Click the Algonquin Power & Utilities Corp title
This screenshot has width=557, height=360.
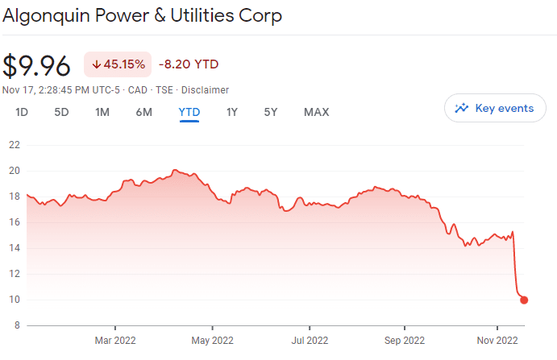pyautogui.click(x=143, y=16)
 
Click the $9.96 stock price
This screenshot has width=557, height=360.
pyautogui.click(x=37, y=65)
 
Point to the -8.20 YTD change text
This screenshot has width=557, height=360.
pyautogui.click(x=189, y=64)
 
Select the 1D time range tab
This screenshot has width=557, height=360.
pyautogui.click(x=22, y=112)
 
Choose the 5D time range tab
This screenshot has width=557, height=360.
pyautogui.click(x=61, y=112)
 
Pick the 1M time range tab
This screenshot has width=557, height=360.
pyautogui.click(x=102, y=112)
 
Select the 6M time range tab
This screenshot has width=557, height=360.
pyautogui.click(x=143, y=112)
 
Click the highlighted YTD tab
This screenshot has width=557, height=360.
pyautogui.click(x=189, y=112)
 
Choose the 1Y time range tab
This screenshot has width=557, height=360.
pyautogui.click(x=232, y=112)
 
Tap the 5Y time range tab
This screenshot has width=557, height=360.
pyautogui.click(x=271, y=112)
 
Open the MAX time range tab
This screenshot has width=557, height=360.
pyautogui.click(x=316, y=112)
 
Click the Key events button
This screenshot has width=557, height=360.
pyautogui.click(x=494, y=108)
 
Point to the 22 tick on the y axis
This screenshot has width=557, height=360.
pyautogui.click(x=15, y=145)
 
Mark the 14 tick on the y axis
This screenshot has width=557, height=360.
pyautogui.click(x=15, y=248)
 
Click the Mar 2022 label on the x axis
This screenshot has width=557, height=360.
pyautogui.click(x=115, y=340)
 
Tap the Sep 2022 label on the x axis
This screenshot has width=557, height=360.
pyautogui.click(x=403, y=340)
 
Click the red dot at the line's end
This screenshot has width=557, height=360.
pyautogui.click(x=524, y=300)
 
